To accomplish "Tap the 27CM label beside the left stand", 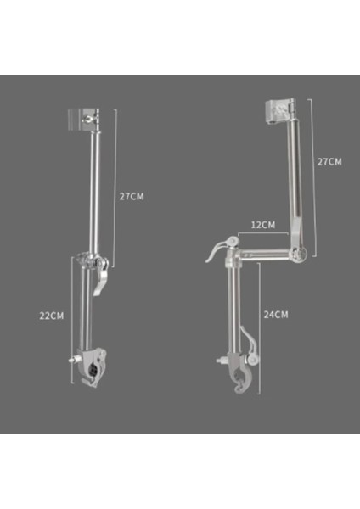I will click(132, 196).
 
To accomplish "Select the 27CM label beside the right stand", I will click(329, 161).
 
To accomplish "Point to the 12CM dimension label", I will click(263, 225).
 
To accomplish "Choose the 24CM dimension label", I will click(276, 314).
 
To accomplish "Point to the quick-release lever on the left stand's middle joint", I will click(98, 280).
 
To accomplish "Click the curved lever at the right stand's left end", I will click(217, 249).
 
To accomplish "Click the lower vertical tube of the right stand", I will click(231, 314).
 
